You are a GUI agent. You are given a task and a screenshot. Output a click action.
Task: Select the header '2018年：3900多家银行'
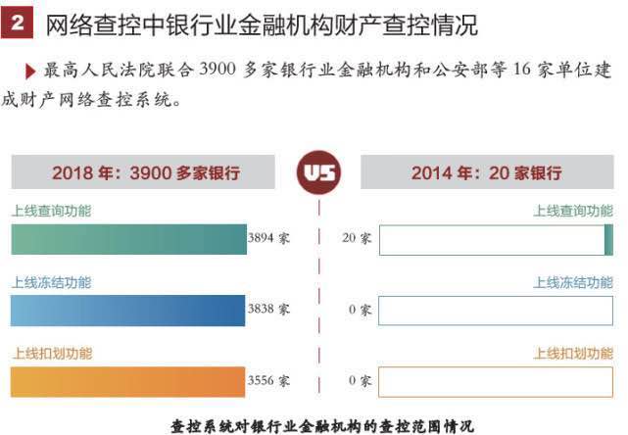145,173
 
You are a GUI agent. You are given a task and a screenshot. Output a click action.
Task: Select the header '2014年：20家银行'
486,173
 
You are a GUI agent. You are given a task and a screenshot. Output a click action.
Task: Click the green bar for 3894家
128,240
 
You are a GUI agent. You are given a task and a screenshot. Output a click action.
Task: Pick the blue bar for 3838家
128,311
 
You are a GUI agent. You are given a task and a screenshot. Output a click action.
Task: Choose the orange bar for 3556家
128,381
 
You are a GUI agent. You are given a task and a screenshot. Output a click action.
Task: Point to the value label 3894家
269,239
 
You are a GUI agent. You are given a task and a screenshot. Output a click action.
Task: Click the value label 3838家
269,310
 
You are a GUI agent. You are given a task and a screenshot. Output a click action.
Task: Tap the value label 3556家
269,380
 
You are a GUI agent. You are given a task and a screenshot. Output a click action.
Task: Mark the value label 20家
357,239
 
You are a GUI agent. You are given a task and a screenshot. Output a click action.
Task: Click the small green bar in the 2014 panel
608,240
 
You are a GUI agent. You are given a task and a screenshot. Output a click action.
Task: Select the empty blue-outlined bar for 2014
495,311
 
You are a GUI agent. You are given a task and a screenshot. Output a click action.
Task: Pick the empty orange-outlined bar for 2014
495,381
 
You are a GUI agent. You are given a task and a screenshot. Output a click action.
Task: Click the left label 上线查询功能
51,211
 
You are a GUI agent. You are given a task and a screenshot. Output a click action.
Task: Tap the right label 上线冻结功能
573,282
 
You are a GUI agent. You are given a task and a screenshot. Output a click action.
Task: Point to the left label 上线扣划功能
51,353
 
